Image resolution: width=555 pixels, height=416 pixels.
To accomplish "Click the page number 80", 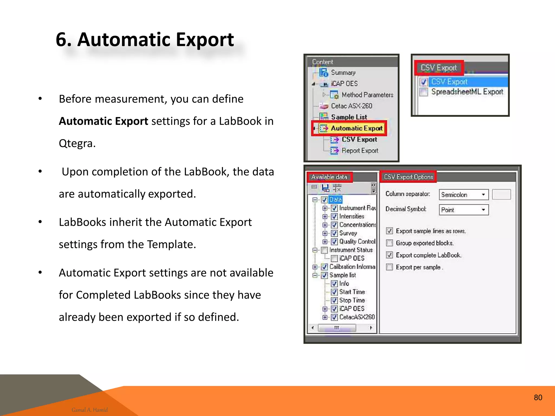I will click(538, 397).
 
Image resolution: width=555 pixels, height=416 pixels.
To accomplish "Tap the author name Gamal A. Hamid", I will click(89, 410).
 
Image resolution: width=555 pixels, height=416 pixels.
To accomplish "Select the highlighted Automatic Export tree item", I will click(356, 128).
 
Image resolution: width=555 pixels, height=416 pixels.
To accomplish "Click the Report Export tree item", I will click(360, 151).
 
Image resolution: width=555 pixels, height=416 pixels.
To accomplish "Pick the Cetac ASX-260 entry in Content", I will click(351, 106).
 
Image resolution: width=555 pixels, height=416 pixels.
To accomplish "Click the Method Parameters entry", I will click(367, 95).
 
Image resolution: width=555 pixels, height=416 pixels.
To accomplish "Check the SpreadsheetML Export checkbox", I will click(424, 92).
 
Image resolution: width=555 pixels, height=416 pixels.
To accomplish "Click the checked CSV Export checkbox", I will click(424, 82).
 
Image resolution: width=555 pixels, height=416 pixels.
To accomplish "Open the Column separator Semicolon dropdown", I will click(483, 194).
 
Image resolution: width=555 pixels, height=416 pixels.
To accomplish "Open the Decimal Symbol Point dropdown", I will click(483, 210).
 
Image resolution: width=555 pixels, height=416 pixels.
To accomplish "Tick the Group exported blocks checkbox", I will click(389, 243).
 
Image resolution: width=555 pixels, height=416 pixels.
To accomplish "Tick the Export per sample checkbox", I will click(389, 267).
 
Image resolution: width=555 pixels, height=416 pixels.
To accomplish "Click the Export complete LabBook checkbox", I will click(389, 255).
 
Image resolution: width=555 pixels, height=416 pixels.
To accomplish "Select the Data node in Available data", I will click(335, 200).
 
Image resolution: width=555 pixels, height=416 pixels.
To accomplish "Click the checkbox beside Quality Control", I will click(334, 242).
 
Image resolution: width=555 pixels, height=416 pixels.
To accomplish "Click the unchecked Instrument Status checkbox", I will click(324, 250).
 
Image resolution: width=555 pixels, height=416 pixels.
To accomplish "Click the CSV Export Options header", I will click(408, 177).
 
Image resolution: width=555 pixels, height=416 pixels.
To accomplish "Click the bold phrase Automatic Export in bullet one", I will click(103, 121).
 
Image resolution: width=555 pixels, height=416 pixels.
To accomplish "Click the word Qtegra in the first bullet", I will click(77, 143).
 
